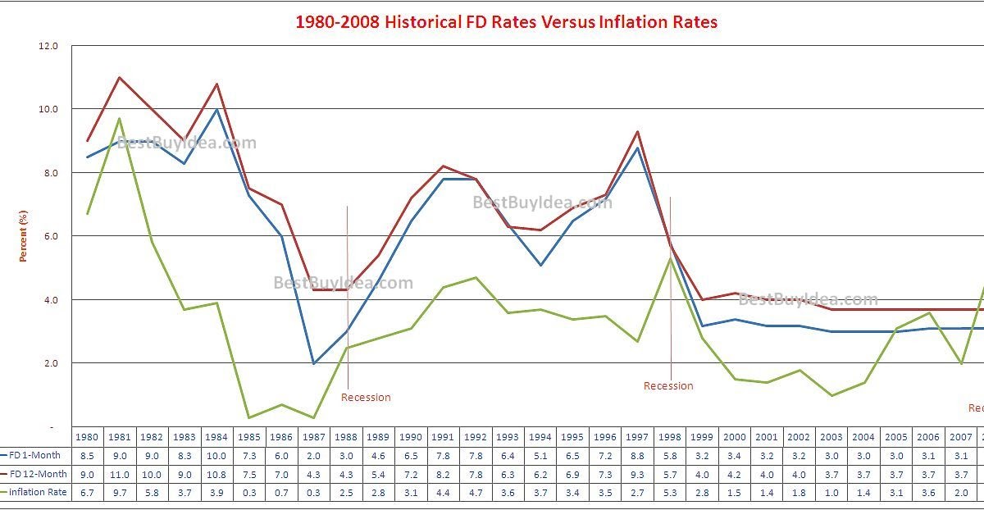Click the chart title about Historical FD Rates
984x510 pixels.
pyautogui.click(x=506, y=22)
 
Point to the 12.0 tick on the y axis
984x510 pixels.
pyautogui.click(x=49, y=46)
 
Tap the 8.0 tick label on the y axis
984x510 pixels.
pyautogui.click(x=49, y=173)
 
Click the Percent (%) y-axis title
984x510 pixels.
pyautogui.click(x=24, y=236)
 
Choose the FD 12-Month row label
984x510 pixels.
pyautogui.click(x=38, y=473)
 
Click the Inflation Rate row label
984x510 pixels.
pyautogui.click(x=38, y=492)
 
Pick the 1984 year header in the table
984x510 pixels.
pyautogui.click(x=216, y=437)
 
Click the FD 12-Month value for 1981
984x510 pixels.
pyautogui.click(x=120, y=473)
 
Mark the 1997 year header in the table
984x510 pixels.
pyautogui.click(x=638, y=437)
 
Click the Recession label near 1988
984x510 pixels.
pyautogui.click(x=366, y=398)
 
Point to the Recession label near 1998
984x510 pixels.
pyautogui.click(x=668, y=386)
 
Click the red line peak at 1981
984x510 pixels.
pyautogui.click(x=120, y=78)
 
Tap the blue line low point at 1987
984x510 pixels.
pyautogui.click(x=314, y=363)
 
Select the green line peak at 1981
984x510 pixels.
pyautogui.click(x=120, y=119)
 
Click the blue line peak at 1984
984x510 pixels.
pyautogui.click(x=216, y=110)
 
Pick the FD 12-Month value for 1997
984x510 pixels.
pyautogui.click(x=638, y=473)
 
